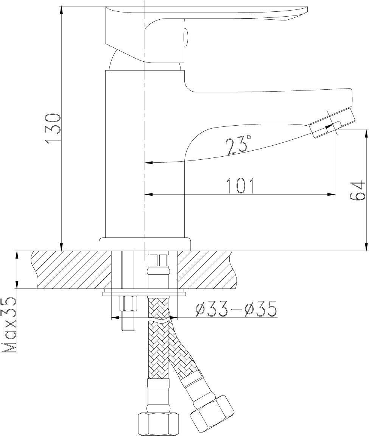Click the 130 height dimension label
[53, 128]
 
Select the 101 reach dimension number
[241, 186]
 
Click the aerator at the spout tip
[332, 123]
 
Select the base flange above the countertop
[145, 244]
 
